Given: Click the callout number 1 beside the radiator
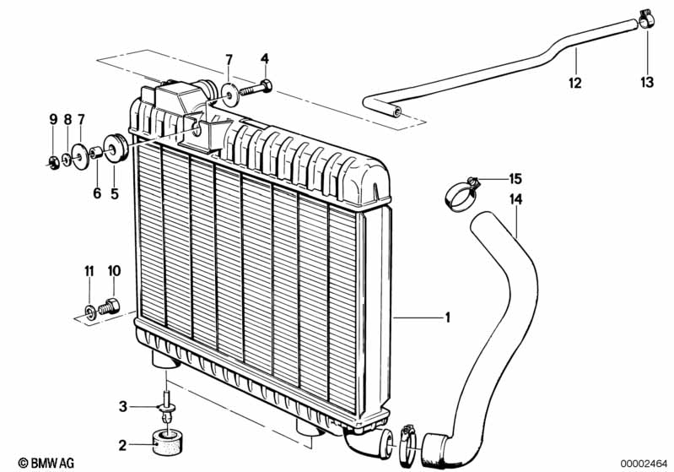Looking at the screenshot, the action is coord(448,317).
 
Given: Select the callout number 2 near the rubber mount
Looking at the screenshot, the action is coord(122,445).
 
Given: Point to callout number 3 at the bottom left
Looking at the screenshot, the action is coord(123,406).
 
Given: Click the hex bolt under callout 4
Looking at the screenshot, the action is coord(256,90).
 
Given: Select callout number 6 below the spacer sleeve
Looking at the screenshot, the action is coord(97,193).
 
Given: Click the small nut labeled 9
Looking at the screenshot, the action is coord(53,162).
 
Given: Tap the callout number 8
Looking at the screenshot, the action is coord(67,119).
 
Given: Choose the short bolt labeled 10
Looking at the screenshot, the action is coord(109,306).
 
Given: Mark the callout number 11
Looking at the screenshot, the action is coord(89,271).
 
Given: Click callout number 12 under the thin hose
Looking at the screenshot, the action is coord(574,83).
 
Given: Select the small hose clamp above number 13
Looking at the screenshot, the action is coord(645,18).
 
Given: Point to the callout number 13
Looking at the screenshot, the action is coord(646,82).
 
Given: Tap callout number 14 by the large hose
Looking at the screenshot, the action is coord(515,199).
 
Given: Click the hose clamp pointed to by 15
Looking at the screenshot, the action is coord(461,195).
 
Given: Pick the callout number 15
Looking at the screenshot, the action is coord(515,178).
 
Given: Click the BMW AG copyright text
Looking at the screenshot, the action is coord(46,463).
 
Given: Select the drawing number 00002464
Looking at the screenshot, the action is coord(643,464).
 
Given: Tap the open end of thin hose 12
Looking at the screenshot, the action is coord(398,113).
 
